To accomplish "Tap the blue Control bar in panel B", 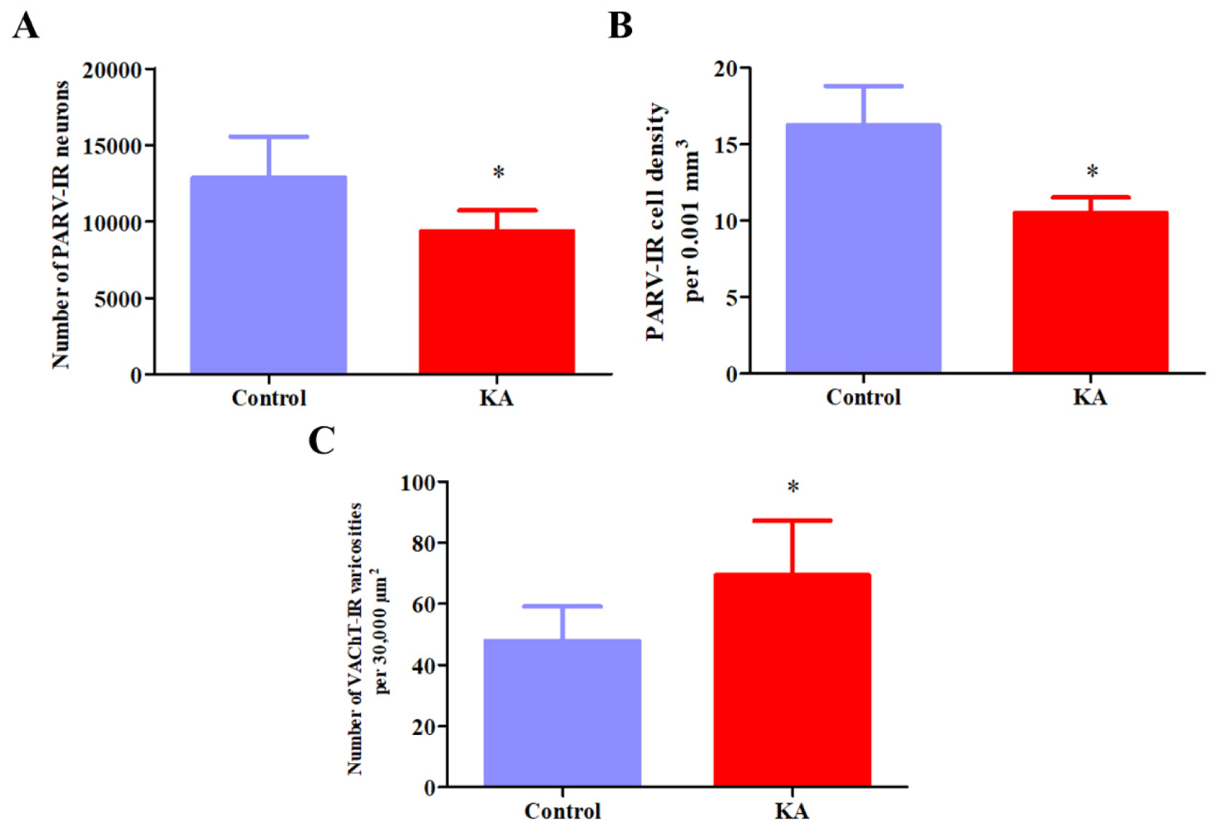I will tap(863, 249).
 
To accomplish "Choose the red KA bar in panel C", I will tap(792, 680).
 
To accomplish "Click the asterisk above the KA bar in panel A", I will tap(499, 173).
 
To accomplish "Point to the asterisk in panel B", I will tap(1092, 171).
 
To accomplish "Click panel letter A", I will tap(26, 26).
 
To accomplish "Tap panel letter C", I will tap(321, 440).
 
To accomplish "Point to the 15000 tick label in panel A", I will tap(112, 146).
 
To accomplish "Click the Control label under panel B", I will tap(863, 397).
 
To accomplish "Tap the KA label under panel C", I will tap(792, 810).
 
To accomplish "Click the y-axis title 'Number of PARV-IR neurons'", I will tap(61, 224).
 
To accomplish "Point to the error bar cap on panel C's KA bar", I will tap(792, 520).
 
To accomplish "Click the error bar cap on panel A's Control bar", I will tap(269, 137).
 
